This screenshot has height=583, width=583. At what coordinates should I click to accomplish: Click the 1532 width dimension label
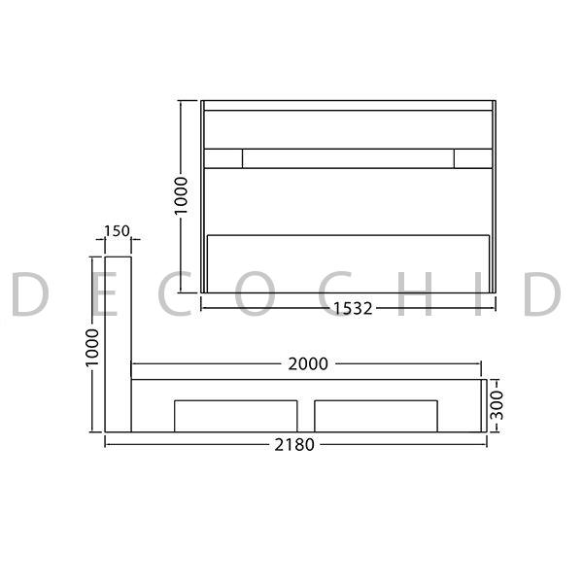click(353, 309)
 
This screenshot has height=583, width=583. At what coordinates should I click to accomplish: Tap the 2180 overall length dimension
click(294, 445)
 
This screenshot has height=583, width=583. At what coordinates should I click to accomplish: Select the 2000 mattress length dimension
click(308, 364)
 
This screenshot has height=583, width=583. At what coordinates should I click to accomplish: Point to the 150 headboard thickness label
click(117, 231)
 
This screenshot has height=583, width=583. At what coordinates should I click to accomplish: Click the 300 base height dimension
click(497, 405)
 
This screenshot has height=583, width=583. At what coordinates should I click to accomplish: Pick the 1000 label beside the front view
click(181, 195)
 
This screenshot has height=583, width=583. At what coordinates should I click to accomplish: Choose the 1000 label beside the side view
click(92, 348)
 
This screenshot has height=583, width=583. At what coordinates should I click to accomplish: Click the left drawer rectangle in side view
click(236, 416)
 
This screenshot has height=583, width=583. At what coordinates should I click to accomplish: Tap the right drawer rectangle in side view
click(376, 416)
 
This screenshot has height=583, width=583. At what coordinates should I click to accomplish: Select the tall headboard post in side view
click(118, 344)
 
